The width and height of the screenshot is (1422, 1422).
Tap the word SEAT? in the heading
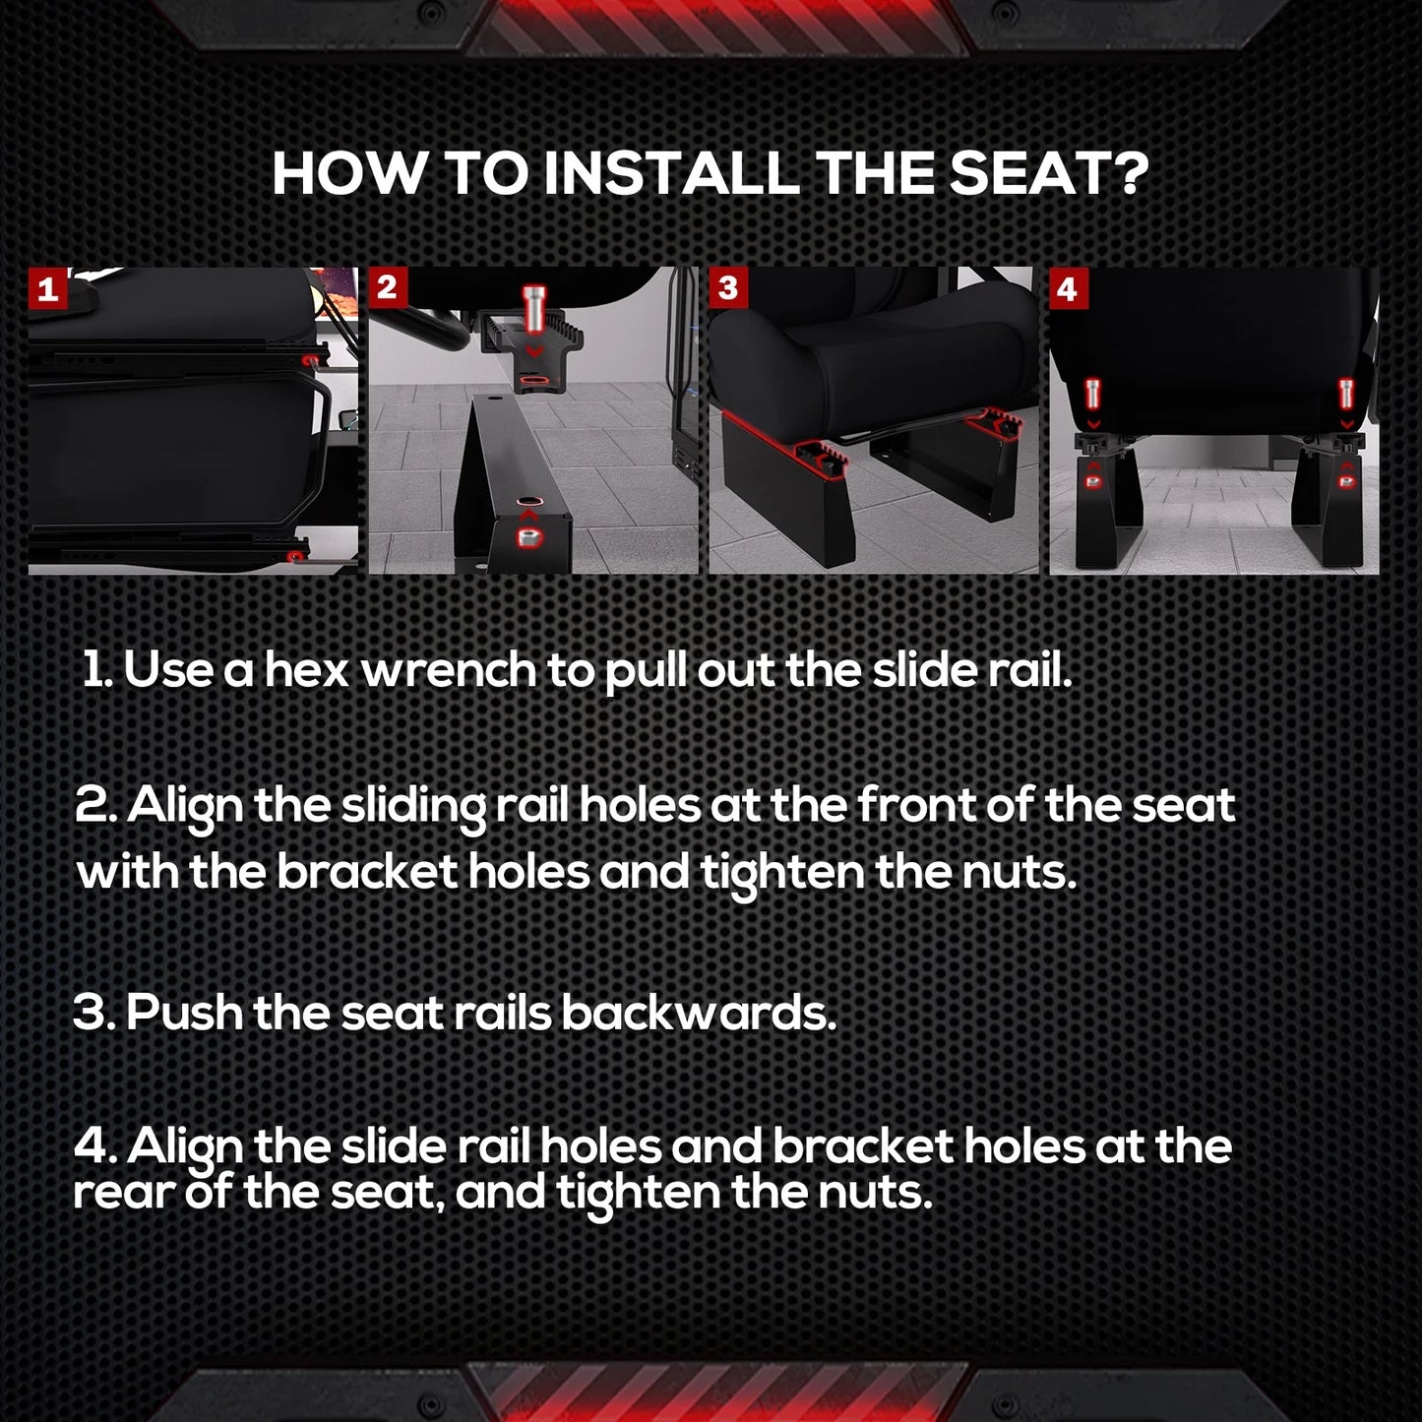(x=1049, y=174)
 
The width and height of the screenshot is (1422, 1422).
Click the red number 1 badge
(x=48, y=288)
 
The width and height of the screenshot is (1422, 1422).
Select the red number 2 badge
(x=388, y=287)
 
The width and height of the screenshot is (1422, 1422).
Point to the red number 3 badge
(x=728, y=287)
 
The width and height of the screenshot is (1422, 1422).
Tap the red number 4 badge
(x=1068, y=288)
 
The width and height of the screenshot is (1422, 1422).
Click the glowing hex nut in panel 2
(x=528, y=536)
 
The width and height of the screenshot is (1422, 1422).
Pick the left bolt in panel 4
(x=1093, y=395)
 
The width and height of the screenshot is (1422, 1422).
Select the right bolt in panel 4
(x=1346, y=395)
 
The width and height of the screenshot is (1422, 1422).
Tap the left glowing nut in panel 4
(x=1093, y=482)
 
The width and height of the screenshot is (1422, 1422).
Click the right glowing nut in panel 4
(x=1347, y=482)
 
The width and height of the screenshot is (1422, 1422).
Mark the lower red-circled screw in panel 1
(x=297, y=554)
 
